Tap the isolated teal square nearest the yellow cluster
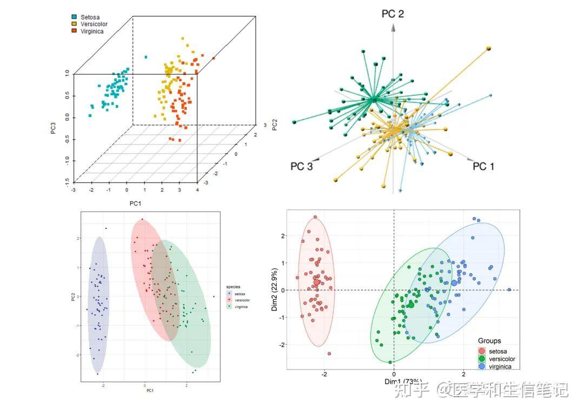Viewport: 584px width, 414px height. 145,57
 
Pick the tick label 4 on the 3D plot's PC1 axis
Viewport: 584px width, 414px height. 198,190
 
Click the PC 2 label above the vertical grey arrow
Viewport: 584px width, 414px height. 393,14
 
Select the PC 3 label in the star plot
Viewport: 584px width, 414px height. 301,167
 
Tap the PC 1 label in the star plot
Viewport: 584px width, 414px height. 483,167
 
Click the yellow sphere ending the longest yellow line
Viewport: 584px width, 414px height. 489,49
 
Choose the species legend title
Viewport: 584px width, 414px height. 234,287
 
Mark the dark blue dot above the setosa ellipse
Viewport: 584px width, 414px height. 105,228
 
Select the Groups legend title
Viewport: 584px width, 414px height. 489,341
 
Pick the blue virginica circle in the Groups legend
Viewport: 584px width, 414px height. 482,366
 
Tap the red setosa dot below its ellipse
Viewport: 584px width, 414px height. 329,353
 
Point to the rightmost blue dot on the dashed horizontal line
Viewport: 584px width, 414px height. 509,290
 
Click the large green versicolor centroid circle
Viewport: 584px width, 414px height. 410,305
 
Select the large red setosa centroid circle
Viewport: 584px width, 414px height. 317,282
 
